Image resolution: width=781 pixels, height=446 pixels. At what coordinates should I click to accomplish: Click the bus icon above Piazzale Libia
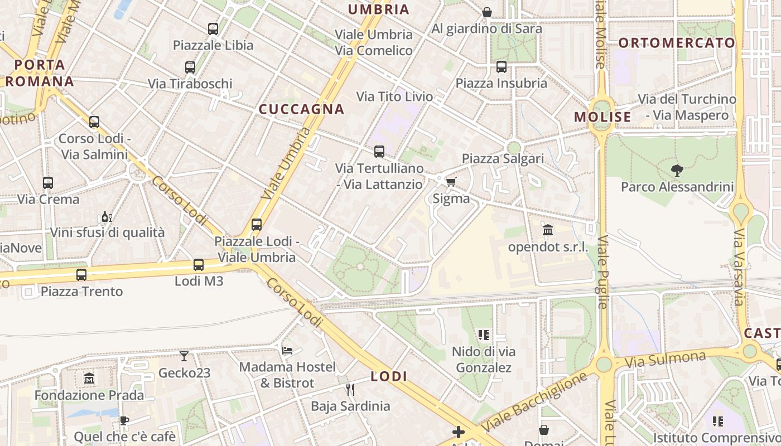[x=213, y=29]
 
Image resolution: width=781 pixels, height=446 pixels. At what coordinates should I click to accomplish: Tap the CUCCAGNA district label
[x=301, y=109]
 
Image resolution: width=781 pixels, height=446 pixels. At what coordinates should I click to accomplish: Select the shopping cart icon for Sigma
[x=451, y=182]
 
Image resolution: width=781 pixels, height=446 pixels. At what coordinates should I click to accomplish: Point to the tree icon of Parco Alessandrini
[x=677, y=170]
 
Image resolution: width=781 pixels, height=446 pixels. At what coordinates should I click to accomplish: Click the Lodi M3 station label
[x=199, y=281]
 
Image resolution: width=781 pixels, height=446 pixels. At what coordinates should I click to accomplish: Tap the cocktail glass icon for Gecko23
[x=184, y=356]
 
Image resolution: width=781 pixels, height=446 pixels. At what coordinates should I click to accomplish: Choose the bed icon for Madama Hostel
[x=287, y=350]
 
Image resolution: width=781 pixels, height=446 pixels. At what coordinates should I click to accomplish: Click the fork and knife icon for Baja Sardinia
[x=350, y=389]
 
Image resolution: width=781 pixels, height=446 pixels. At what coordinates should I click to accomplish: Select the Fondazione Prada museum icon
[x=89, y=379]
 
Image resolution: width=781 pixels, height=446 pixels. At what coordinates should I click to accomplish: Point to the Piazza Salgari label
[x=503, y=159]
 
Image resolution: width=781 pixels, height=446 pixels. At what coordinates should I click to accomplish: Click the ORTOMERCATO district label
[x=677, y=43]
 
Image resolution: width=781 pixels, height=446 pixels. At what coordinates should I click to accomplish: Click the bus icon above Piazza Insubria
[x=502, y=67]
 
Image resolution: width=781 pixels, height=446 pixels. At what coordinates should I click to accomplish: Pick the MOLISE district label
[x=602, y=117]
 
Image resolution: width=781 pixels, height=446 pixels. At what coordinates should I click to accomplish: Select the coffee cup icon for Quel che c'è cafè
[x=124, y=420]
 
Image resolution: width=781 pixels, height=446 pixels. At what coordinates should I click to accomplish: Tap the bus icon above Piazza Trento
[x=81, y=274]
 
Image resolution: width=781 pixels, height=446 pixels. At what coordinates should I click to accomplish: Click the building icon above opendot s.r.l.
[x=548, y=230]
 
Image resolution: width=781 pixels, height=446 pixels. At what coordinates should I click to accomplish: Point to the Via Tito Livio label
[x=394, y=96]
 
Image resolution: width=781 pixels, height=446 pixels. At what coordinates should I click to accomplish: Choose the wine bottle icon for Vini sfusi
[x=106, y=216]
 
